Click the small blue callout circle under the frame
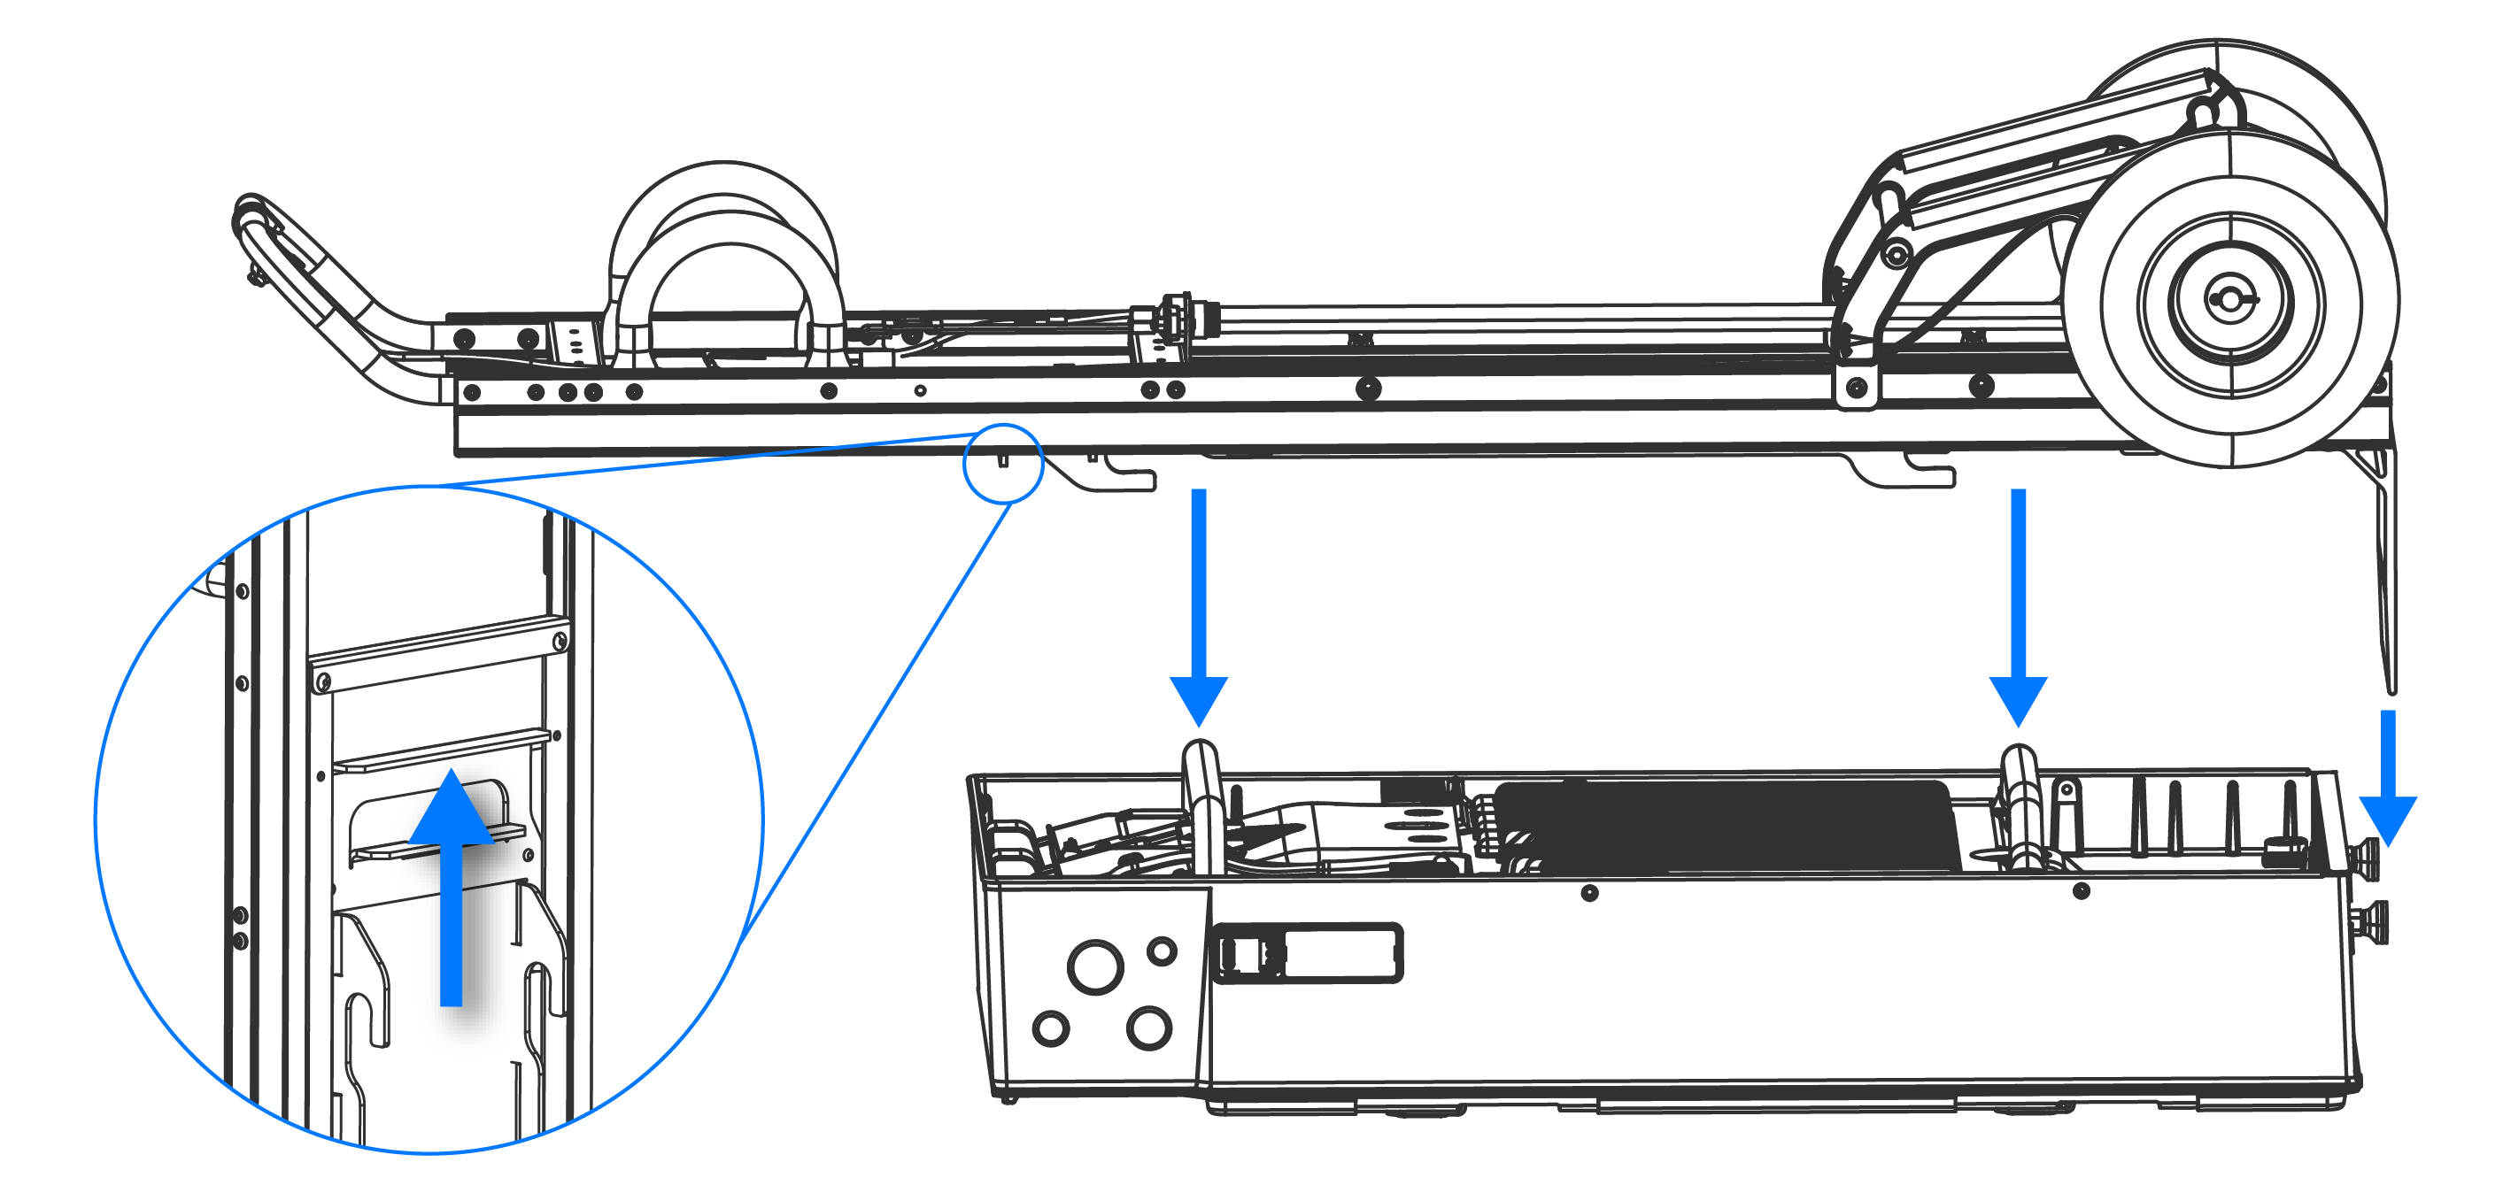pos(1003,464)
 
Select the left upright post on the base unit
pos(1202,806)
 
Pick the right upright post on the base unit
pos(2022,806)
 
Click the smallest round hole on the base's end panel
pos(1163,951)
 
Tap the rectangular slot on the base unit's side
pos(1307,953)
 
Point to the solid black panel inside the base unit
pos(1729,826)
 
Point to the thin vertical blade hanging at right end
pos(2385,583)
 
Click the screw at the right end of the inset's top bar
pos(560,641)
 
